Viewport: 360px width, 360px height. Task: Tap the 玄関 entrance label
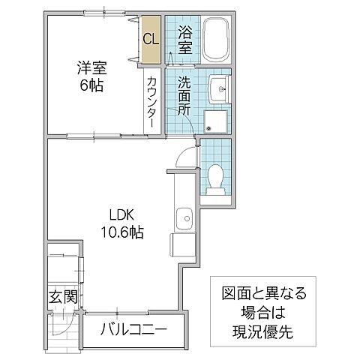(64, 297)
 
